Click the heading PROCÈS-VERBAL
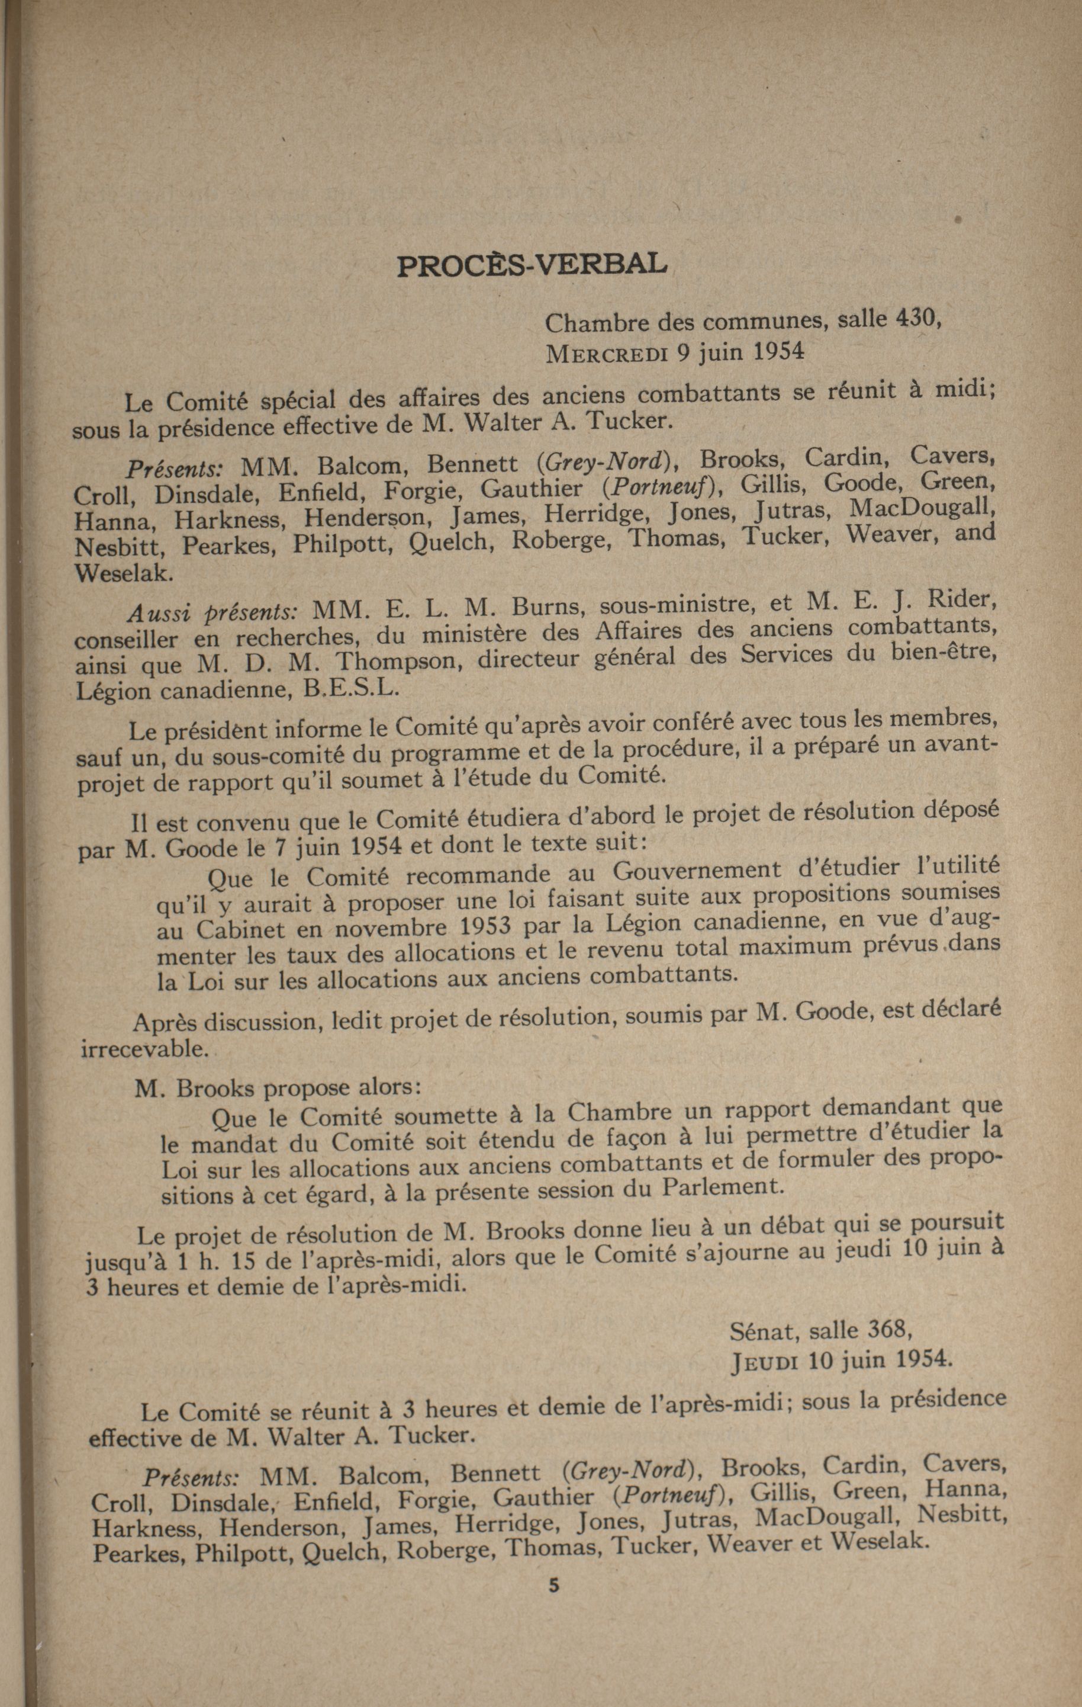pyautogui.click(x=532, y=264)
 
